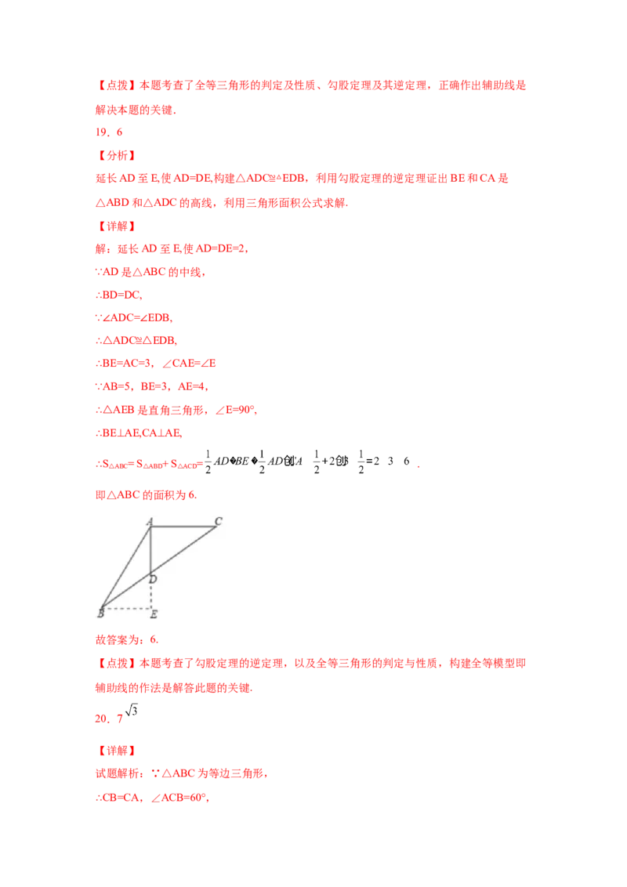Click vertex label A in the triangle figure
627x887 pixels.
[149, 521]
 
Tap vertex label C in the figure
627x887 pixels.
[218, 521]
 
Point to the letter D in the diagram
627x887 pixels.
[153, 579]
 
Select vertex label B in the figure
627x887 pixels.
[100, 612]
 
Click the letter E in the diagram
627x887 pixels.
[154, 614]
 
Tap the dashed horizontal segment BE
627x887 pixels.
[126, 607]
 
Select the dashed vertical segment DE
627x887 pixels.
[150, 596]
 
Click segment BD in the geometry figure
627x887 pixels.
[125, 592]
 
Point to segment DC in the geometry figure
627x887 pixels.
[183, 552]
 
